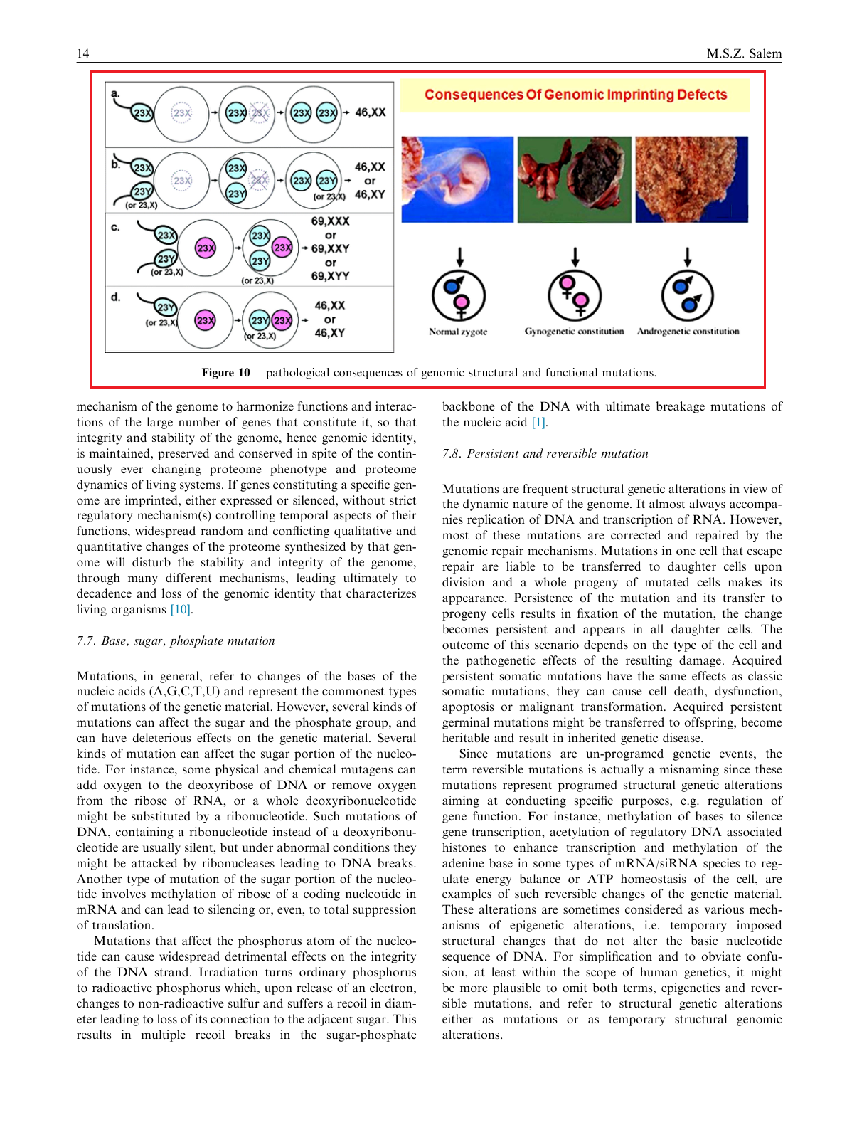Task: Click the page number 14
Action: tap(83, 54)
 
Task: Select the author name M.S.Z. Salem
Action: tap(744, 54)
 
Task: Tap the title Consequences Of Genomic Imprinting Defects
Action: tap(575, 95)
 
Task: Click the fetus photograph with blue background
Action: tap(457, 179)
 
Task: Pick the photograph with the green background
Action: tap(574, 179)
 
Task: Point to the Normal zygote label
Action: tap(458, 332)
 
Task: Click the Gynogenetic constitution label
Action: tap(574, 332)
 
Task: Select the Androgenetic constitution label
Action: tap(688, 332)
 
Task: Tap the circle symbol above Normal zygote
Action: tap(459, 296)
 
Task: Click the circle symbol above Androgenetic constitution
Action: tap(688, 296)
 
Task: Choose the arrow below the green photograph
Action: tap(575, 257)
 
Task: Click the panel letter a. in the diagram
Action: tap(115, 93)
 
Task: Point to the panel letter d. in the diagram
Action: tap(115, 297)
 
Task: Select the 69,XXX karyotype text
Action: tap(330, 221)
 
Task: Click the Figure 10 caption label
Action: tap(225, 373)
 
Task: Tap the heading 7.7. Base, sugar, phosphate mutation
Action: tap(176, 641)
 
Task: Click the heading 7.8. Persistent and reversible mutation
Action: tap(545, 454)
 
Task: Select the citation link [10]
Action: tap(181, 610)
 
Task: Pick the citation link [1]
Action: tap(538, 423)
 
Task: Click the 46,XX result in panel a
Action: tap(371, 112)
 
